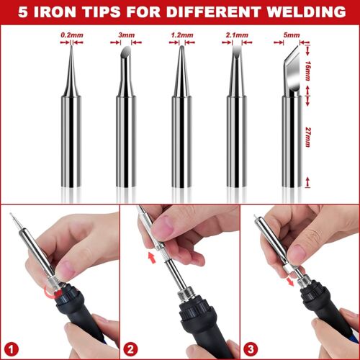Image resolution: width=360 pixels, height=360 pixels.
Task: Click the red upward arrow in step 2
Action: (150, 256)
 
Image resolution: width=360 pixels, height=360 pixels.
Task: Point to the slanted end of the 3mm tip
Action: (122, 52)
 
